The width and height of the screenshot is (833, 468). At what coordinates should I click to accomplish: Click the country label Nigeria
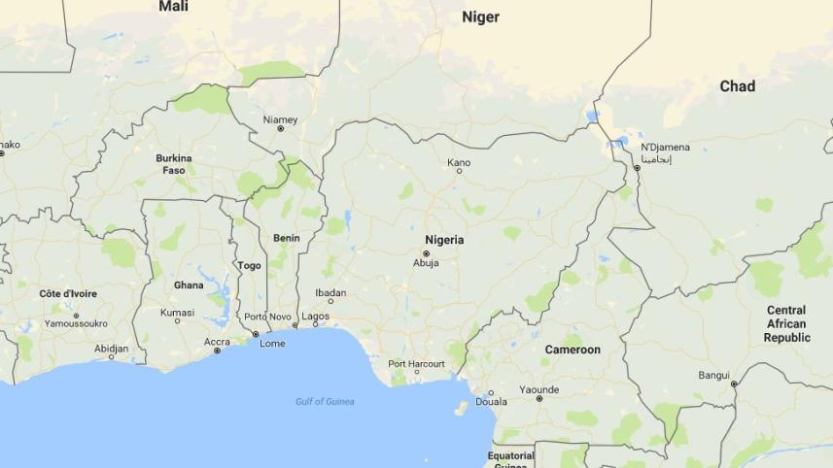coord(444,240)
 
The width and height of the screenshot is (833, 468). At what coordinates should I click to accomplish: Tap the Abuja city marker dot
coord(426,253)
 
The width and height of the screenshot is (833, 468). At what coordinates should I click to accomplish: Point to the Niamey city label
coord(281,119)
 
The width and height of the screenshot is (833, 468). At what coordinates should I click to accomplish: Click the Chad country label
coord(737,86)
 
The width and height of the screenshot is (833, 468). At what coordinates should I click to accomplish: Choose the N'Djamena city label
coord(665,148)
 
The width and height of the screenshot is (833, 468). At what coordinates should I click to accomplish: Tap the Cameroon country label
coord(573,350)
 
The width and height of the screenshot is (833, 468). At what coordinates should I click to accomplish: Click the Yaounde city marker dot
coord(539,398)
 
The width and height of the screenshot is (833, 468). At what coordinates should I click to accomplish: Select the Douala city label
coord(491,402)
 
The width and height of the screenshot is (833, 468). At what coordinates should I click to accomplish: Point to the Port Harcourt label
coord(416,364)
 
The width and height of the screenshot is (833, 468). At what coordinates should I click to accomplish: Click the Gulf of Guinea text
coord(325,401)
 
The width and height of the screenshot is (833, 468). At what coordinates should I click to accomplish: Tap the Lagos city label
coord(316,316)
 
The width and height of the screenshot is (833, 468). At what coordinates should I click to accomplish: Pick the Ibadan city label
coord(330,292)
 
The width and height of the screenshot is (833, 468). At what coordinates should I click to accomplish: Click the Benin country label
coord(287,238)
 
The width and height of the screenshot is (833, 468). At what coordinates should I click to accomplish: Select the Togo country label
coord(250,265)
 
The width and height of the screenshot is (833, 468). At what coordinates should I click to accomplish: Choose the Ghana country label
coord(189,285)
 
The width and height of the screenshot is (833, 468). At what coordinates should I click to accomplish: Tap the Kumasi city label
coord(178,312)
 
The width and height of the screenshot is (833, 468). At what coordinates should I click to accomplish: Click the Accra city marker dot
coord(217,351)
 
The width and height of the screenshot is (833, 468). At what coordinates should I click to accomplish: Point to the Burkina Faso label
coord(174,163)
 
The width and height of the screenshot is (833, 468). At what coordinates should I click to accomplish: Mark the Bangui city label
coord(713,375)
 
